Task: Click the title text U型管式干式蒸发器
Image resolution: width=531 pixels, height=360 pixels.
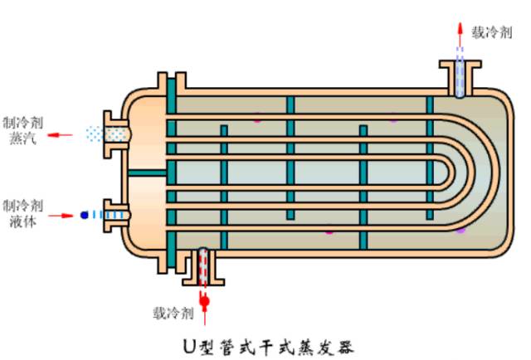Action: pyautogui.click(x=269, y=347)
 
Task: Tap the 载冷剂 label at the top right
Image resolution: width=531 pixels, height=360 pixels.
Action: pyautogui.click(x=492, y=32)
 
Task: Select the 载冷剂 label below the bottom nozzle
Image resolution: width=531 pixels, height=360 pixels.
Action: pyautogui.click(x=173, y=313)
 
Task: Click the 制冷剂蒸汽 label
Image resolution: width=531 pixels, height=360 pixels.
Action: pyautogui.click(x=22, y=130)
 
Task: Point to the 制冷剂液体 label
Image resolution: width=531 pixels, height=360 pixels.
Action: pyautogui.click(x=22, y=213)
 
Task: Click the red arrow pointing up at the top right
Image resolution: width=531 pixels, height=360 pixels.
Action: pyautogui.click(x=460, y=34)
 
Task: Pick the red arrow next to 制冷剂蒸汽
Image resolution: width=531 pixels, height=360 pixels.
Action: pyautogui.click(x=60, y=135)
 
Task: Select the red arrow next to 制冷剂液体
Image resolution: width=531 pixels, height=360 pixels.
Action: pyautogui.click(x=61, y=216)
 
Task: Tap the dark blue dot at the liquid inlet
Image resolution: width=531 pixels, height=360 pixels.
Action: pyautogui.click(x=85, y=215)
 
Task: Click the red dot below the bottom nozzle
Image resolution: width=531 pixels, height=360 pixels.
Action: pyautogui.click(x=204, y=301)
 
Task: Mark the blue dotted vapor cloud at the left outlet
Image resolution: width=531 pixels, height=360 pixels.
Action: pyautogui.click(x=95, y=134)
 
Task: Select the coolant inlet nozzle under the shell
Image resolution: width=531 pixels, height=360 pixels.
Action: pyautogui.click(x=203, y=267)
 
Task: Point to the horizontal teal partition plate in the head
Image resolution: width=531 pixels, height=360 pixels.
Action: pyautogui.click(x=148, y=173)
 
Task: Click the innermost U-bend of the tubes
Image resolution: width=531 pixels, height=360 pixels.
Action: pyautogui.click(x=446, y=173)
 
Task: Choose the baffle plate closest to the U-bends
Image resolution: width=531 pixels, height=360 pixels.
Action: pyautogui.click(x=430, y=158)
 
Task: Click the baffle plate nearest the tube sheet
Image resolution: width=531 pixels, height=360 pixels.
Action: pyautogui.click(x=224, y=187)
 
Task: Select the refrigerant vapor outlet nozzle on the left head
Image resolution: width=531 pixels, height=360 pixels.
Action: pyautogui.click(x=116, y=134)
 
